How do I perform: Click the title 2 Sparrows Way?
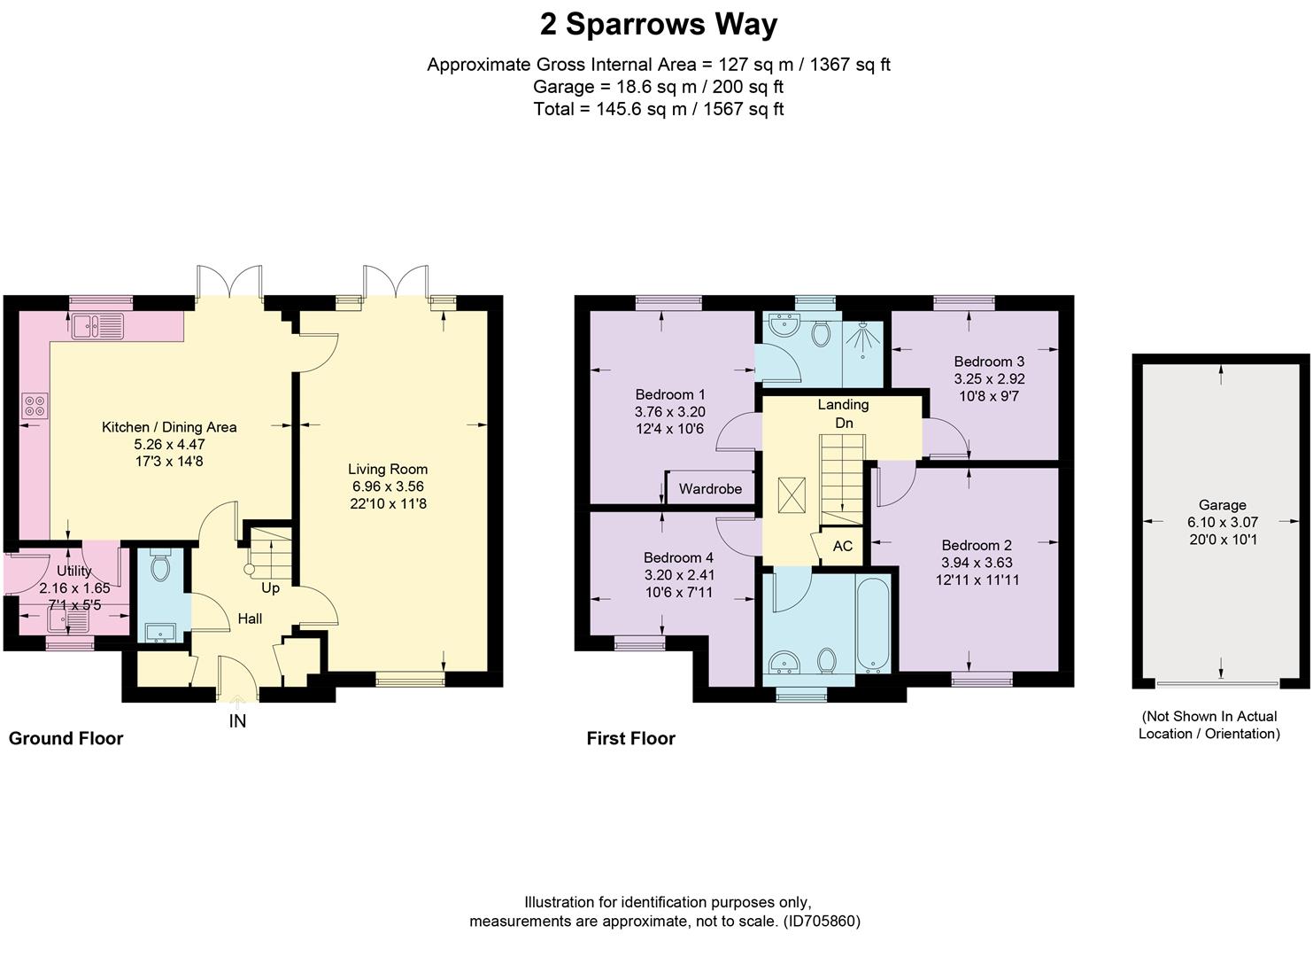tap(658, 25)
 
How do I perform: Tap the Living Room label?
tap(388, 469)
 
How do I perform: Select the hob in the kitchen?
tap(35, 406)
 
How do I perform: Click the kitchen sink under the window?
tap(98, 326)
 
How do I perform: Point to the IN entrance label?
tap(237, 721)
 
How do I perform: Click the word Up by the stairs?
tap(270, 587)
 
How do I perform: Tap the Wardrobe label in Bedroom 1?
tap(710, 488)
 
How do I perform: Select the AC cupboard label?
tap(842, 546)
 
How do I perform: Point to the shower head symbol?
tap(862, 339)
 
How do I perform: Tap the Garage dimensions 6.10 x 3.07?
tap(1223, 522)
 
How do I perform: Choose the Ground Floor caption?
tap(66, 738)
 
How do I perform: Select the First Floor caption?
tap(630, 738)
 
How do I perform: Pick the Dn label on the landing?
tap(844, 423)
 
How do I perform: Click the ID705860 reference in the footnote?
tap(822, 921)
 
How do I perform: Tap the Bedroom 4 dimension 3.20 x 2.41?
tap(679, 575)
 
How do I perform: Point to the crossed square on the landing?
tap(792, 496)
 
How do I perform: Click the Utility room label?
tap(73, 571)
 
